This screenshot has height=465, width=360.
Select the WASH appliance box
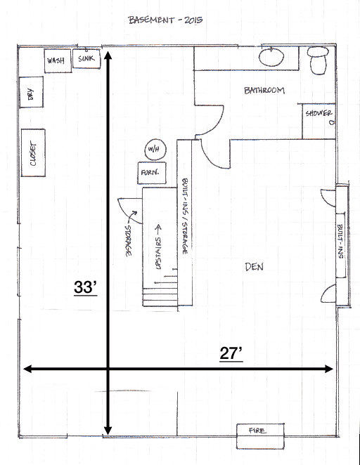point(56,61)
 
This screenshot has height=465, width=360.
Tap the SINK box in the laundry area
point(86,58)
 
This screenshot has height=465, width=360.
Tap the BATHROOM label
point(264,90)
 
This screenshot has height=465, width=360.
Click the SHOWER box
point(319,114)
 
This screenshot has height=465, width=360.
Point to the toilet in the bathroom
point(319,60)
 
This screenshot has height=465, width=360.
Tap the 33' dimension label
point(86,287)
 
